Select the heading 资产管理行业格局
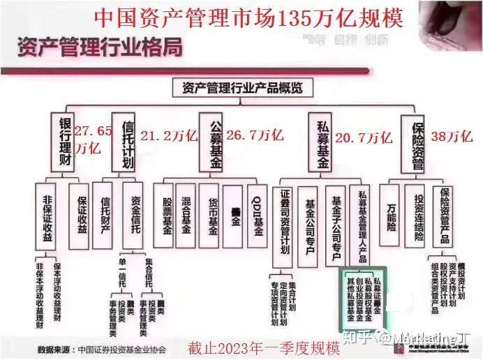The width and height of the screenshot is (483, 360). tap(98, 48)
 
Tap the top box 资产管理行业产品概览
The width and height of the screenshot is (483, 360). tap(241, 88)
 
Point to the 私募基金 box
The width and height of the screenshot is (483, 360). tap(322, 142)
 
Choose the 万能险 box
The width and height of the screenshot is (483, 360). tap(390, 212)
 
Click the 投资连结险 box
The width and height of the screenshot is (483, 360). tap(417, 216)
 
